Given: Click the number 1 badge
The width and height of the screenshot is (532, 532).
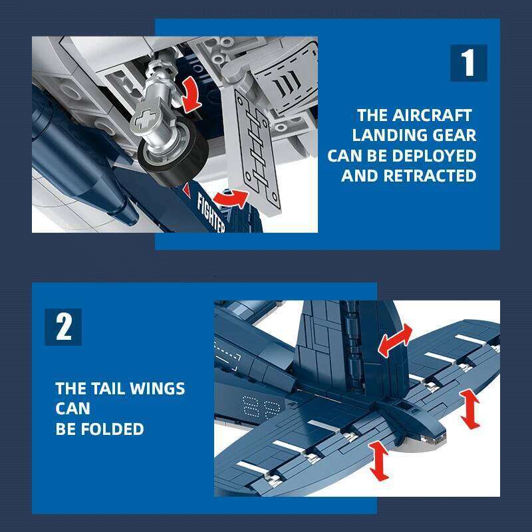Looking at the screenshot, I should pos(468,63).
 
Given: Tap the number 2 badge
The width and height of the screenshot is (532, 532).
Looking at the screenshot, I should pos(63,327).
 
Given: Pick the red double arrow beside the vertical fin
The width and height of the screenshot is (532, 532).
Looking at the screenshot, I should pos(395,340).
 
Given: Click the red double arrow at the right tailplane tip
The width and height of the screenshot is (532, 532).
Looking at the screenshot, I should pos(471,409).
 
